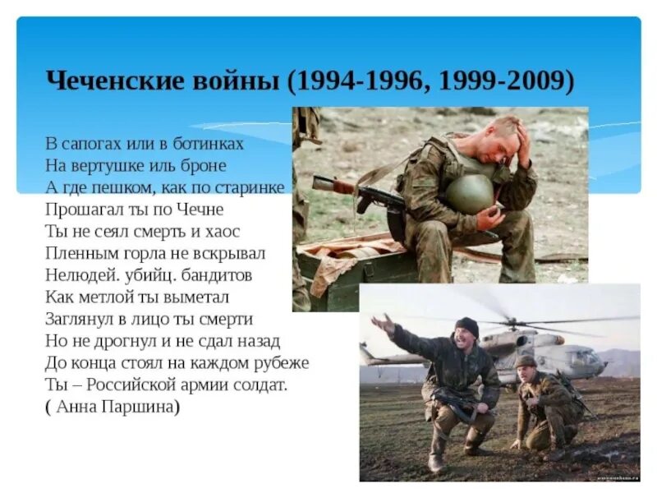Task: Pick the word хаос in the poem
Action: point(223,231)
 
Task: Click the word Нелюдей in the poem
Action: point(80,274)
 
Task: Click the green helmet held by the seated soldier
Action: point(470,193)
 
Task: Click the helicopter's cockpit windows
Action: point(582,357)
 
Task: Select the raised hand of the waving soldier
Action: point(383,323)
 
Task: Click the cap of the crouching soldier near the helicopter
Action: point(526,361)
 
